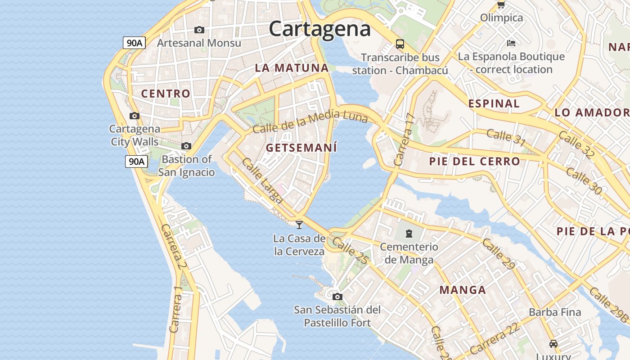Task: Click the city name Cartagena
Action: click(319, 29)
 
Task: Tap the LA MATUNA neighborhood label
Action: click(292, 68)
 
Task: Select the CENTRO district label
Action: click(166, 94)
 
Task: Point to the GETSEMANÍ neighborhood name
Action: click(301, 148)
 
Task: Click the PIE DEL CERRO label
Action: click(474, 161)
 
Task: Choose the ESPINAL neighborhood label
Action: click(494, 103)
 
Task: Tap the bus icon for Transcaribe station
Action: click(400, 44)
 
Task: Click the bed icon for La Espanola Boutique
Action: click(511, 43)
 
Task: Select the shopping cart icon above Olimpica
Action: click(501, 5)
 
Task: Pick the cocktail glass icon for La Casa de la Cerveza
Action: click(299, 225)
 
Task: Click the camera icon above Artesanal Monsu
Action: click(199, 30)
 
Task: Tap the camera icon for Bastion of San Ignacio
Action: click(186, 146)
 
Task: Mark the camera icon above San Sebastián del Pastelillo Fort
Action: click(337, 297)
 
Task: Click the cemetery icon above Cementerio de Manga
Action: click(409, 234)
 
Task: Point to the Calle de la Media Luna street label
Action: click(310, 122)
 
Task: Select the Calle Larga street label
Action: click(262, 180)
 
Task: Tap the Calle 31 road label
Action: click(506, 137)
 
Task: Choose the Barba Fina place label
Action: click(555, 312)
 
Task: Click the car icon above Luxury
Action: click(553, 344)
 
